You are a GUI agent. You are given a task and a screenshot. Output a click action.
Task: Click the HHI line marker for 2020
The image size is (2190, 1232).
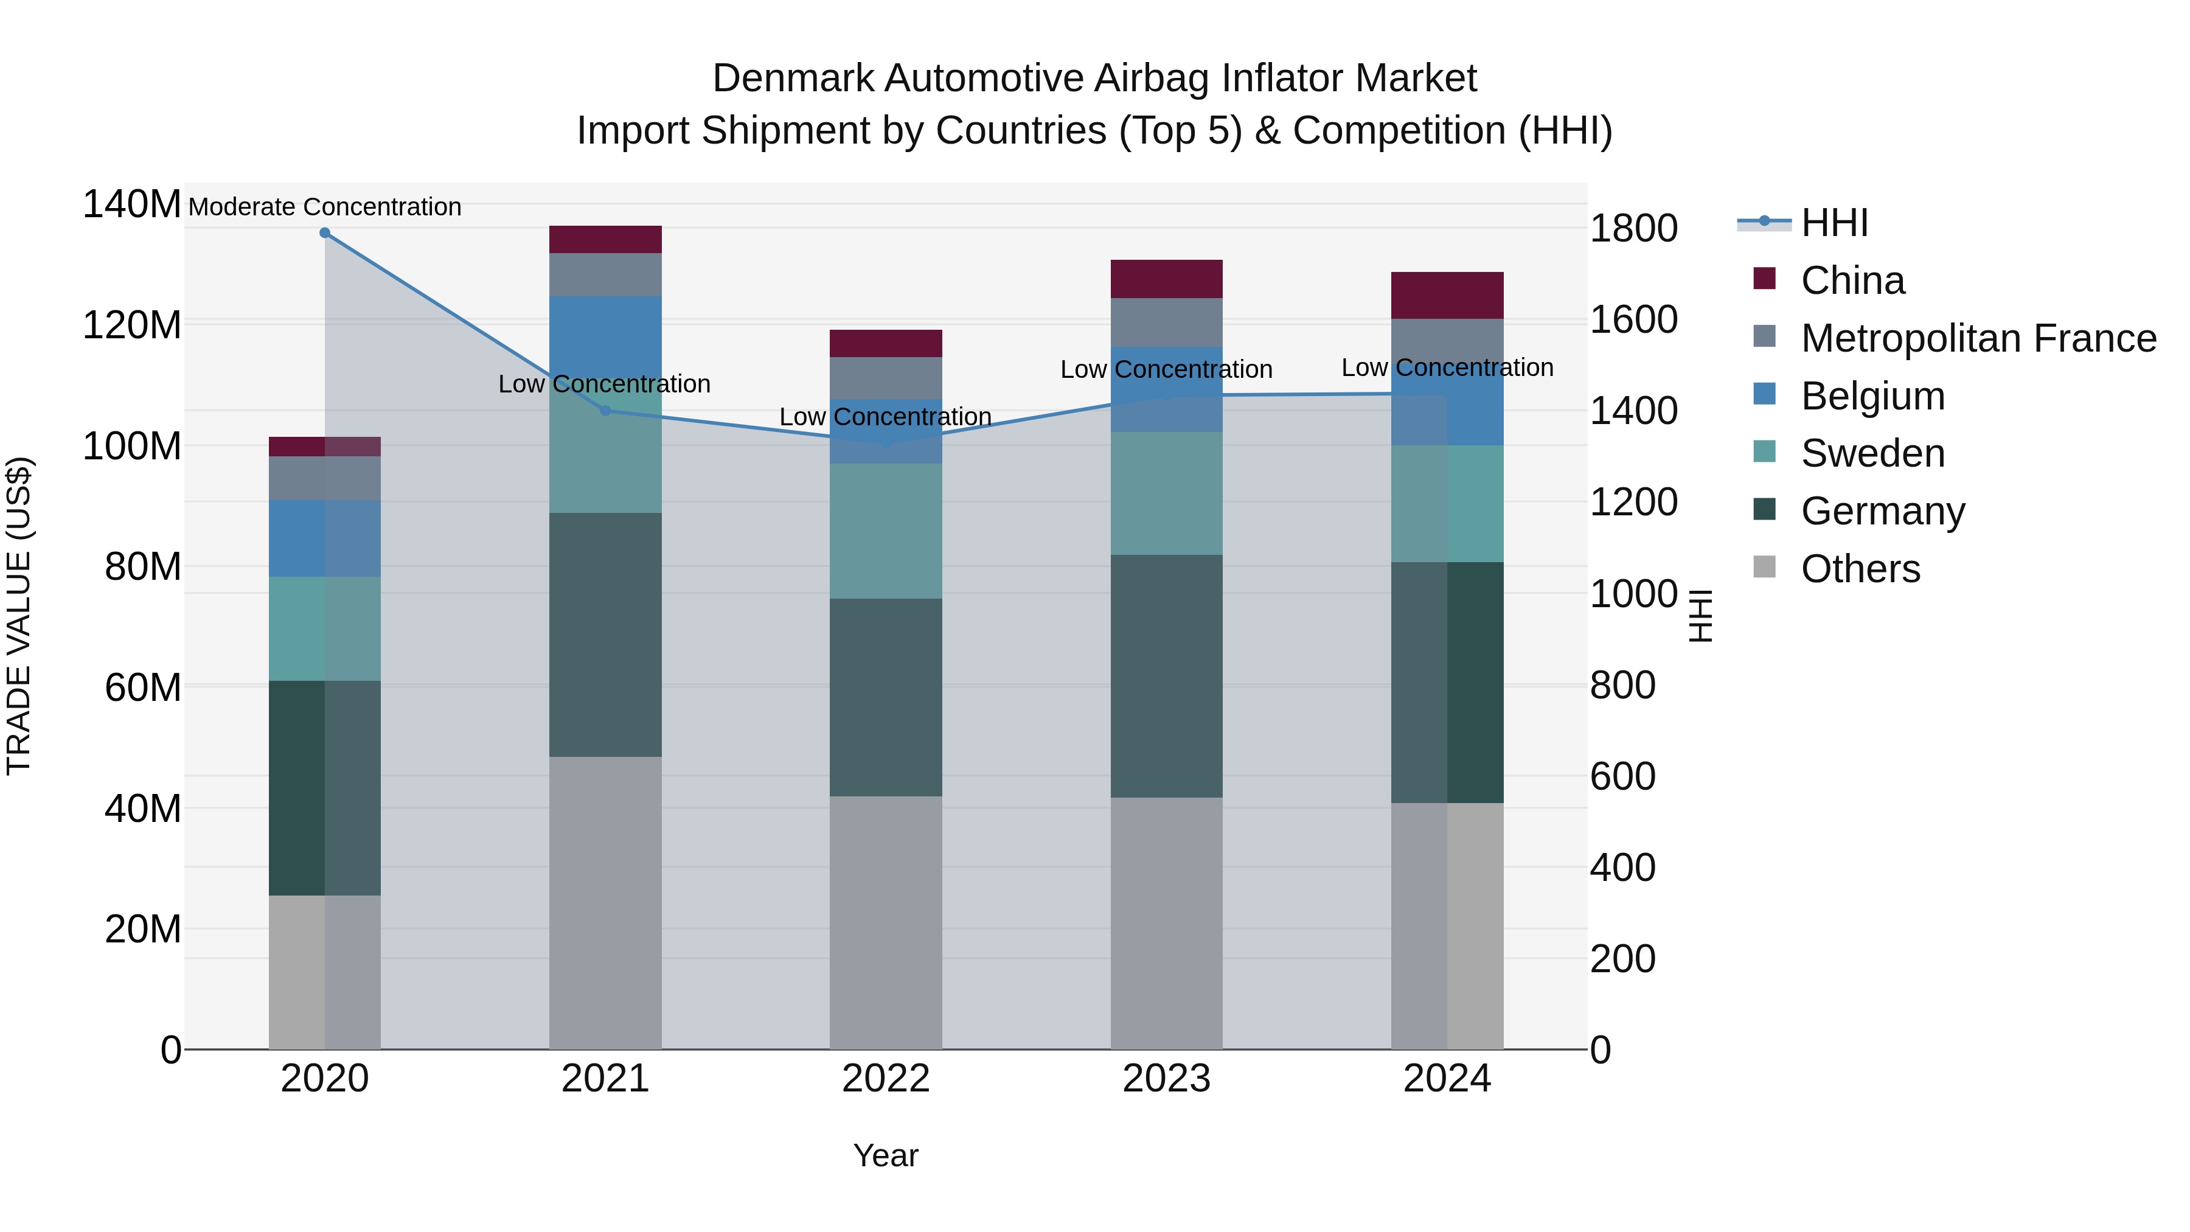coord(325,233)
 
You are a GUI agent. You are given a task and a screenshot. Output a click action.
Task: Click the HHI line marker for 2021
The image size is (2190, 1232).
coord(605,411)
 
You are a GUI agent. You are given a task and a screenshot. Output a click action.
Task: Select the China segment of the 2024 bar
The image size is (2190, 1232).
coord(1447,296)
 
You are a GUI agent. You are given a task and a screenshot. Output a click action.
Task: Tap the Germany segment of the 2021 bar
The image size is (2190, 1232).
coord(605,635)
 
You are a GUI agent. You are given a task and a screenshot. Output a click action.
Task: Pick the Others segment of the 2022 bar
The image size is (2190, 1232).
coord(886,922)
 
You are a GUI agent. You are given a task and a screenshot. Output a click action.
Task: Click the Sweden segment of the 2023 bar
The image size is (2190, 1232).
coord(1166,493)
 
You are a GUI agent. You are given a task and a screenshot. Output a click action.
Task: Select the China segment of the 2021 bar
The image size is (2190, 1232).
coord(605,240)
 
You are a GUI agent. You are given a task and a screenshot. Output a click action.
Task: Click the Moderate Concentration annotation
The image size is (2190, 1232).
coord(325,207)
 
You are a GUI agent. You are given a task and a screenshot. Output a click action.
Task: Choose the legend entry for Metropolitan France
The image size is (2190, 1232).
coord(1978,338)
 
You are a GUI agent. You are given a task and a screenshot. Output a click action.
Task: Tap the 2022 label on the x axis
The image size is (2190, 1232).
coord(886,1079)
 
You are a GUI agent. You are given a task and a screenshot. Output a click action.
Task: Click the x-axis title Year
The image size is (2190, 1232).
coord(886,1155)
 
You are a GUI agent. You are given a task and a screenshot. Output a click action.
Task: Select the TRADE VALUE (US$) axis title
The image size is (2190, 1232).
coord(19,616)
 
